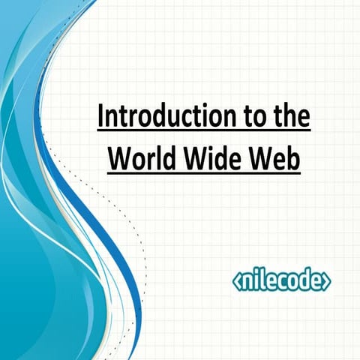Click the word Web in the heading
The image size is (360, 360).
[x=277, y=159]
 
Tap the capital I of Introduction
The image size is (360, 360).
[x=101, y=118]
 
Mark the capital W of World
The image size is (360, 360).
[x=118, y=159]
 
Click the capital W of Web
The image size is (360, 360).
[x=264, y=159]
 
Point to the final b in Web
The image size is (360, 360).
[x=295, y=159]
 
